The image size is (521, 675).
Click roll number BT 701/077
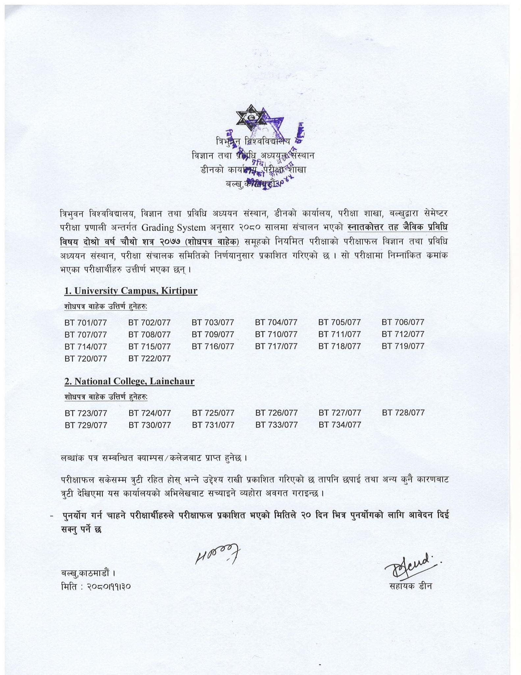(86, 322)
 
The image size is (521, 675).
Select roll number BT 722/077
(149, 359)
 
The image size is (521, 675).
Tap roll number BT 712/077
(403, 334)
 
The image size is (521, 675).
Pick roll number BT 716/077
(213, 346)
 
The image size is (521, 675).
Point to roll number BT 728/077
(403, 413)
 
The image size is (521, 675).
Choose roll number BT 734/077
(340, 425)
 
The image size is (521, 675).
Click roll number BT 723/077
(86, 413)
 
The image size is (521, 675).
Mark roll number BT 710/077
(276, 334)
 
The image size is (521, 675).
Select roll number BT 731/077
(213, 425)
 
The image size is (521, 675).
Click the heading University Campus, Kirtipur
(131, 291)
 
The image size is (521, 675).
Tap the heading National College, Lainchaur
(129, 381)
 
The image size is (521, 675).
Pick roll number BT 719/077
(403, 346)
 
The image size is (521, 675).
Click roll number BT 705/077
(339, 322)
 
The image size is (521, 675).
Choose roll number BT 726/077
(276, 413)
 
